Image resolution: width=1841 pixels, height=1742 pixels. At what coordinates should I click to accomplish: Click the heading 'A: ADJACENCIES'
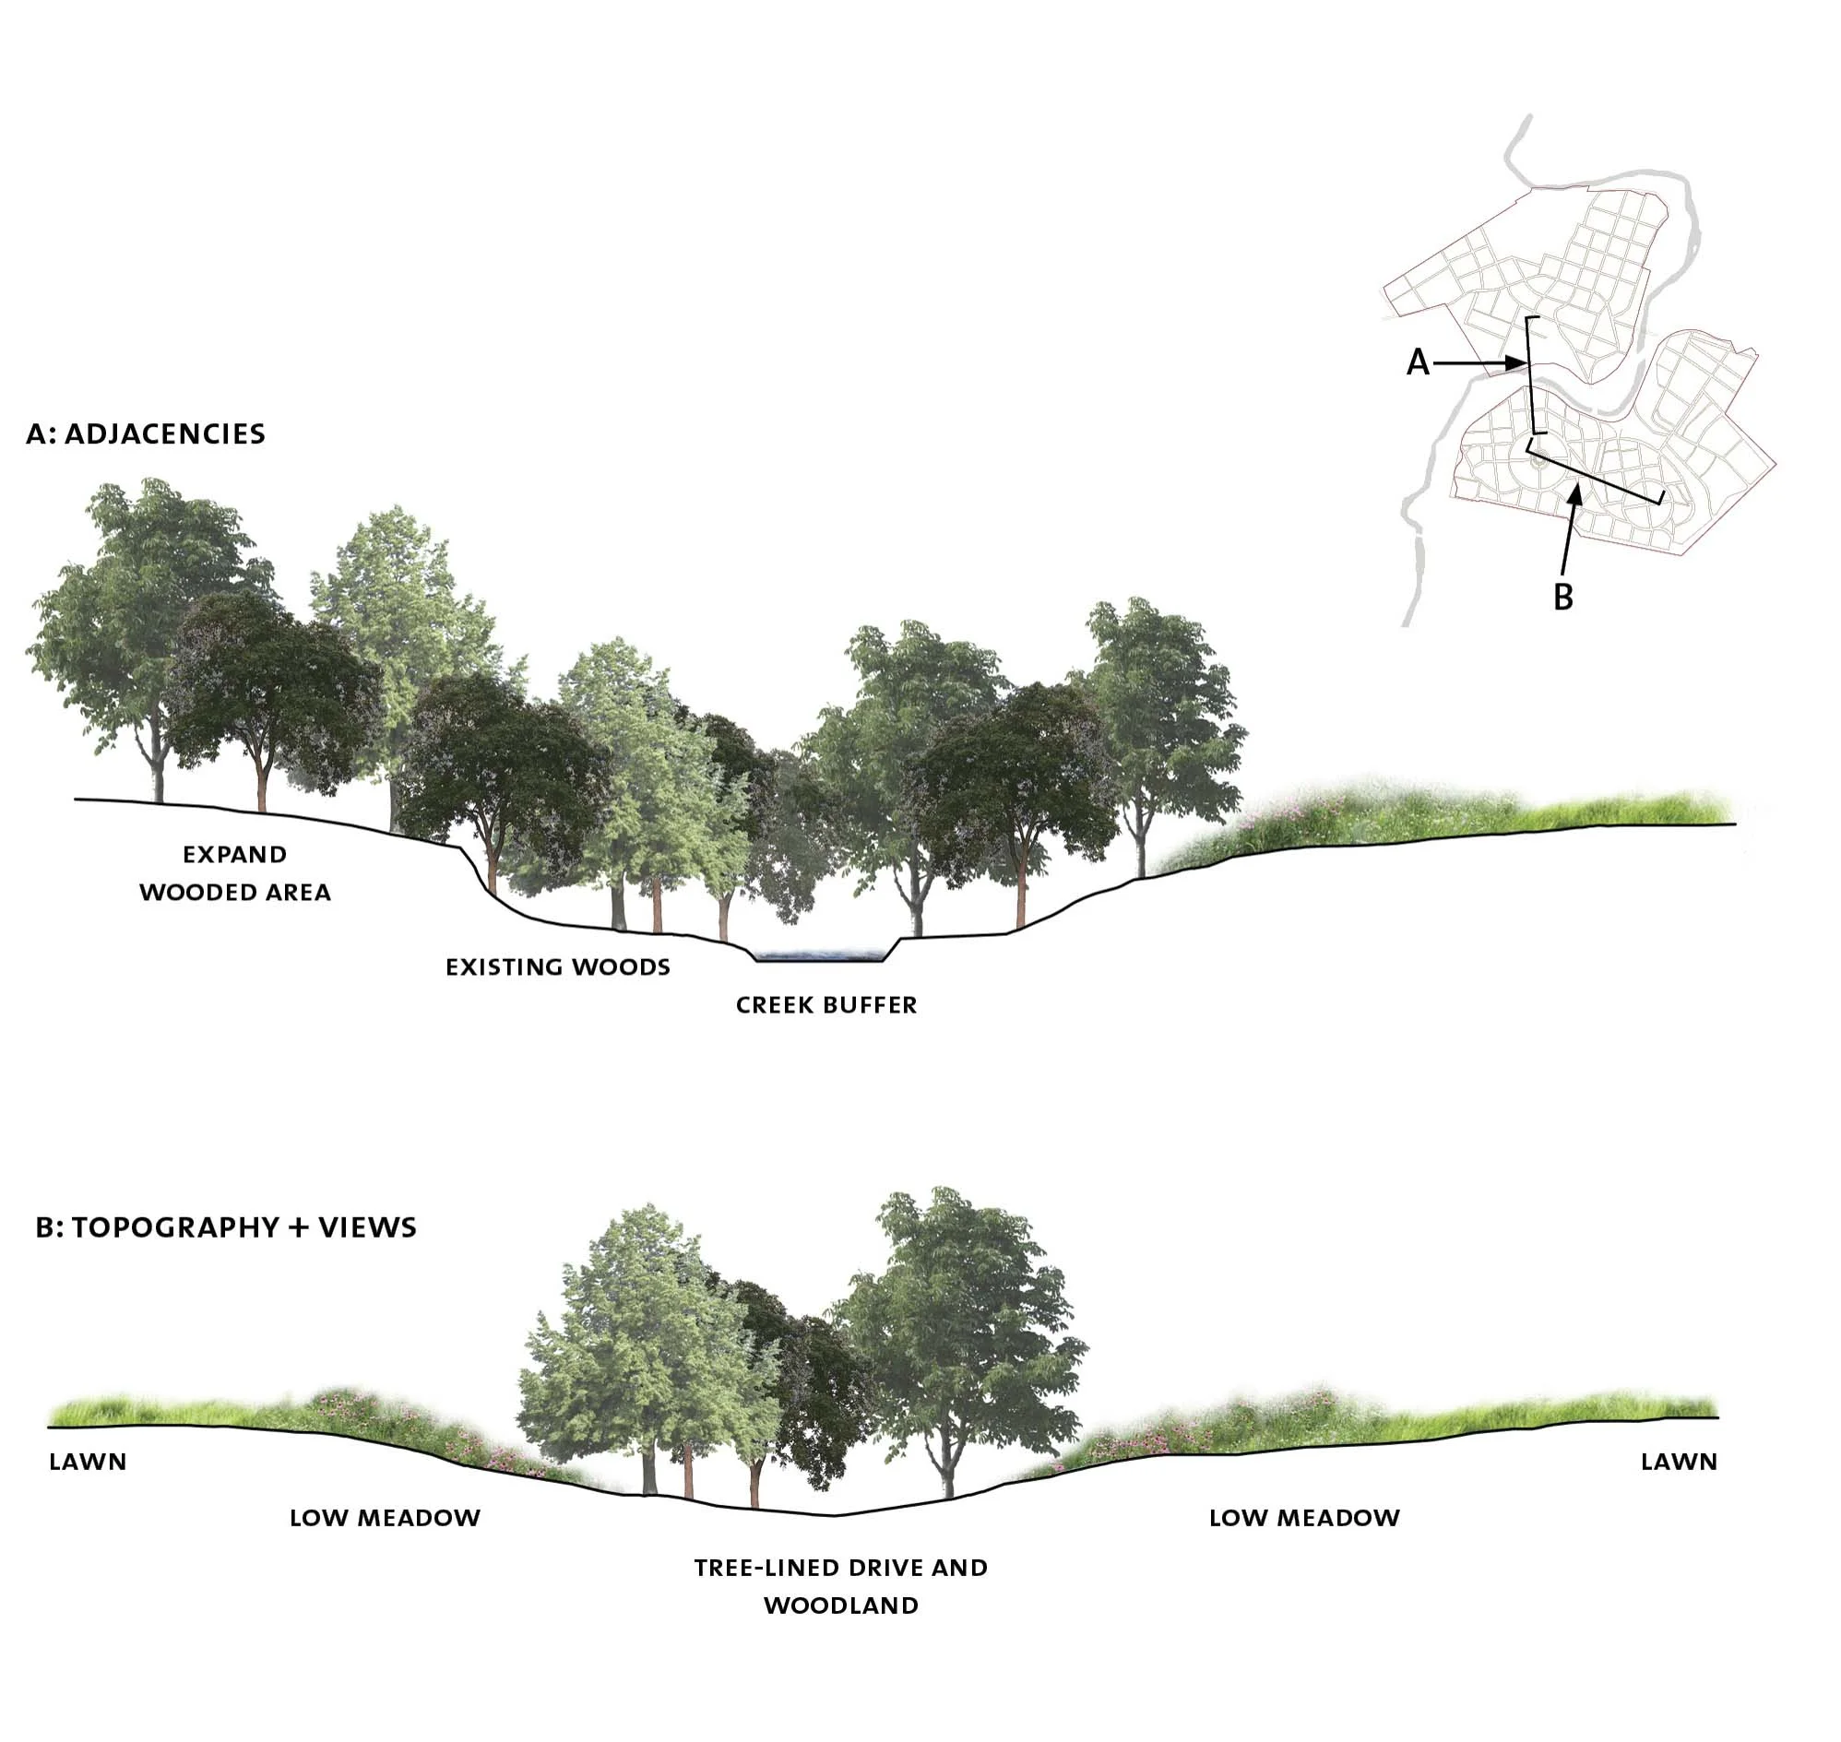146,434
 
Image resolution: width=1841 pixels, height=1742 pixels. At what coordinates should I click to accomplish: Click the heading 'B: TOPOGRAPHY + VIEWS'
226,1227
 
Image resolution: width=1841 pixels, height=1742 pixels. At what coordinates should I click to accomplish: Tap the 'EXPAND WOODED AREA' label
235,873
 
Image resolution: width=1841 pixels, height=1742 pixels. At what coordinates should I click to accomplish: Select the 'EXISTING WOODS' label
557,967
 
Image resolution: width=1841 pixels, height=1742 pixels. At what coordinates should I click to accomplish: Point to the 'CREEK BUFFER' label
825,1004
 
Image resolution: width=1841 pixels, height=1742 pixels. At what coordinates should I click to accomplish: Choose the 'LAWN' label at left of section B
88,1462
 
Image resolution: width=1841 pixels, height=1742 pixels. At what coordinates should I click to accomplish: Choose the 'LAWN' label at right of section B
1679,1462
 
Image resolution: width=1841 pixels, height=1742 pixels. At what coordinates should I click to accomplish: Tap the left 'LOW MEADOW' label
385,1518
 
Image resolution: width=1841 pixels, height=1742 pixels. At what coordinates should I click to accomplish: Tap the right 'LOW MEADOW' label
1304,1518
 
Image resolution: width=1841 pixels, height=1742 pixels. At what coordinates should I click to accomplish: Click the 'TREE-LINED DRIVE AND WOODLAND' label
840,1586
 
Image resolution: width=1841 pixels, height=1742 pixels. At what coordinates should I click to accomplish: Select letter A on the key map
1418,363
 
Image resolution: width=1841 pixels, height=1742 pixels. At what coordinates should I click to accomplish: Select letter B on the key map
1563,597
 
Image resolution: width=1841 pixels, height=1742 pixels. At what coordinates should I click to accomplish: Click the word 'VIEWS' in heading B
368,1227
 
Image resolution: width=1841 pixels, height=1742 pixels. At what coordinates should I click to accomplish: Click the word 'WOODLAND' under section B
840,1606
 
